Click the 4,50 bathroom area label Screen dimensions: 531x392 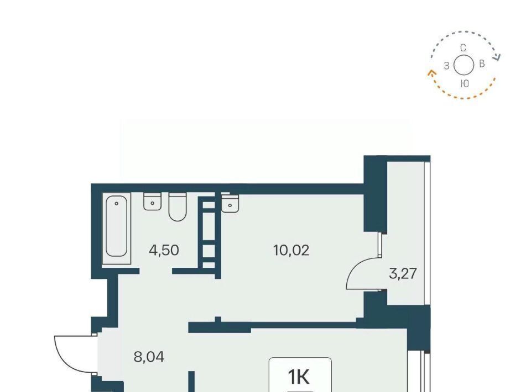coord(164,251)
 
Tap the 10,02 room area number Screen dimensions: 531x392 coord(291,251)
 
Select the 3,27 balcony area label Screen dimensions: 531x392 coord(403,273)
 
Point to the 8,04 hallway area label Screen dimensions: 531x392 coord(149,357)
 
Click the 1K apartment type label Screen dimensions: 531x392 coord(299,377)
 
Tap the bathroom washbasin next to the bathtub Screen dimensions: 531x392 coord(153,202)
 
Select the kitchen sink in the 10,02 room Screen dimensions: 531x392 coord(230,203)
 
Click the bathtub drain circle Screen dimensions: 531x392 coord(117,203)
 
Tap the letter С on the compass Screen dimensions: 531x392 coord(464,48)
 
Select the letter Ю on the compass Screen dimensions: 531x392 coord(465,83)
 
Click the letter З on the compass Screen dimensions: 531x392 coord(447,66)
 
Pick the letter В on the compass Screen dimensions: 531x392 coord(482,63)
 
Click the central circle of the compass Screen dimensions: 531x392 coord(464,65)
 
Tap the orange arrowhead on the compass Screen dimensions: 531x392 coord(431,73)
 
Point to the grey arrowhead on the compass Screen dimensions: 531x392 coord(497,57)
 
